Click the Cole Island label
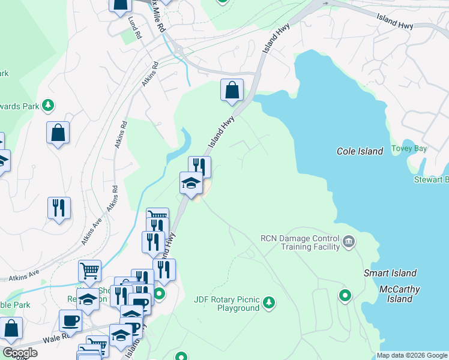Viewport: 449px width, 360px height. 360,151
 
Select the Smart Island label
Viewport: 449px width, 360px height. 390,273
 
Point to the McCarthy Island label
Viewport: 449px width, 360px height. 399,294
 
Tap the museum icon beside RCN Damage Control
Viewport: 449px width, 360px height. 349,242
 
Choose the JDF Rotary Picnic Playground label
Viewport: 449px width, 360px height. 226,304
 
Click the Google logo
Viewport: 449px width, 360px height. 20,353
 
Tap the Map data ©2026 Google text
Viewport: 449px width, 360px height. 412,355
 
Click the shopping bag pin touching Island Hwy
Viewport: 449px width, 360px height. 232,91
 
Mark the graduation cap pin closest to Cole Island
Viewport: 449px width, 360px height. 191,182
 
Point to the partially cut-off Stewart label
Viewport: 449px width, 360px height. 431,179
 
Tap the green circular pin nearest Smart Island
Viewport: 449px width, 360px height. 345,295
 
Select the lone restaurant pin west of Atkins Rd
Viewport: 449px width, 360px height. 59,208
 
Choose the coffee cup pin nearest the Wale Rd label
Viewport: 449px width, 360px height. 70,320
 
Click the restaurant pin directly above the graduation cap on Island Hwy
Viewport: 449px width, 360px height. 199,166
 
